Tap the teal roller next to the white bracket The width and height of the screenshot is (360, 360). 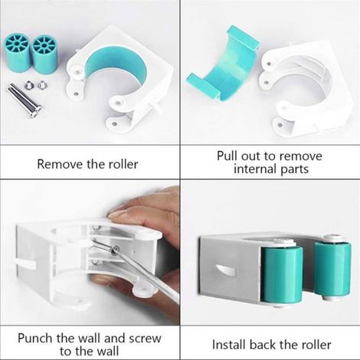tap(44, 54)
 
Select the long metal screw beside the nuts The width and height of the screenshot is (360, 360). tap(25, 103)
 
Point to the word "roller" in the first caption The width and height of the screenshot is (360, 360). tap(123, 164)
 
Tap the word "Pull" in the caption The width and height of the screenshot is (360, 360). tap(227, 155)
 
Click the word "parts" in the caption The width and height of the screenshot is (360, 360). tap(295, 170)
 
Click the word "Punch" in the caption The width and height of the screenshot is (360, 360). tap(36, 339)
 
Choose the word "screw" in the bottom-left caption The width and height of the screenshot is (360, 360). tap(146, 339)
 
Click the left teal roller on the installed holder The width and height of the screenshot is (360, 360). tap(282, 272)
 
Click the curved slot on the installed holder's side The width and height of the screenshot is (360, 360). tap(226, 270)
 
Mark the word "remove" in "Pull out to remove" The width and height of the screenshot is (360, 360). tap(301, 156)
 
